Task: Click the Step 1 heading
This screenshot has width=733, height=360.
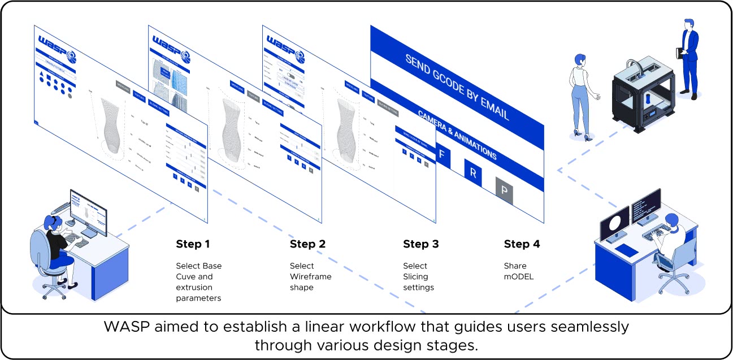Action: coord(193,244)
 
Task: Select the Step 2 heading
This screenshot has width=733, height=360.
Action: coord(307,244)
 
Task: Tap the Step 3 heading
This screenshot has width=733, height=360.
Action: coord(420,244)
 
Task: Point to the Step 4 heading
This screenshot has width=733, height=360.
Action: coord(522,244)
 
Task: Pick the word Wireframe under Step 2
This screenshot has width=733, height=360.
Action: coord(310,276)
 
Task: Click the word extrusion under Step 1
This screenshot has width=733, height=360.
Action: coord(194,287)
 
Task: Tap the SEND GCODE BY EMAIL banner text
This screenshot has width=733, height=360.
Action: coord(457,87)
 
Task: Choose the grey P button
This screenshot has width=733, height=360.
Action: coord(504,190)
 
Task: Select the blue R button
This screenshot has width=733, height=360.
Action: coord(473,173)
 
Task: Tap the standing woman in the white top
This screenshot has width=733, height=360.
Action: coord(582,93)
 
